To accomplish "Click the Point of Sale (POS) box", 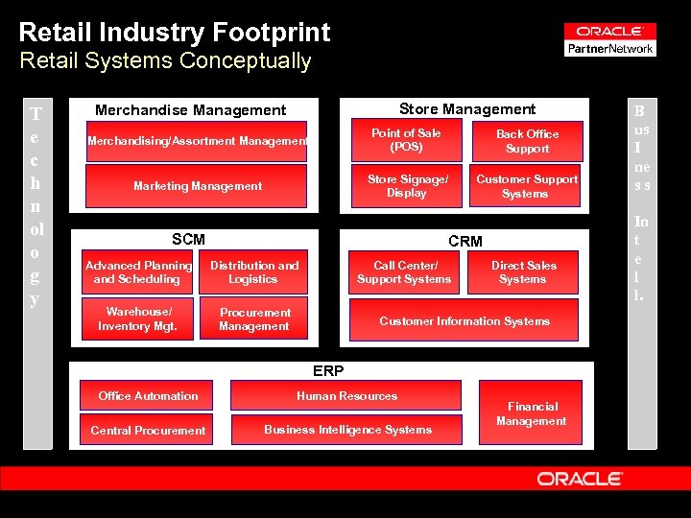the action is point(406,140).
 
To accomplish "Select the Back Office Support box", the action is point(527,141).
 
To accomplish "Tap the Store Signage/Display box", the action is point(407,186).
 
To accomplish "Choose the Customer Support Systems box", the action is point(527,186).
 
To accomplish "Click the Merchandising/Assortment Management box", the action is point(197,141).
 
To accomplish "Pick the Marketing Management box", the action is point(197,186).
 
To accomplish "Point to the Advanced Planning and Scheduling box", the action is point(137,272).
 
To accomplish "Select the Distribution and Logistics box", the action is point(253,272).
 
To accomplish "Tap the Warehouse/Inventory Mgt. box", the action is point(137,319).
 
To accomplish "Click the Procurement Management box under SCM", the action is point(253,319).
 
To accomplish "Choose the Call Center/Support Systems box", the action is point(404,272).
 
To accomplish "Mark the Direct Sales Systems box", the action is point(522,272).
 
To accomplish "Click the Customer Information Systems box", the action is point(465,321).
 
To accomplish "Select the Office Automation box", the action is point(148,396).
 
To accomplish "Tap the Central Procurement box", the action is point(148,431).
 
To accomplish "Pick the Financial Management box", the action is point(531,414).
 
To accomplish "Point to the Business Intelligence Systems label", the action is point(347,430).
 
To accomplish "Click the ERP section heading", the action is point(328,370).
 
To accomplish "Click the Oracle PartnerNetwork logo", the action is point(610,40).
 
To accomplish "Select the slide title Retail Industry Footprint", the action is point(175,33).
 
